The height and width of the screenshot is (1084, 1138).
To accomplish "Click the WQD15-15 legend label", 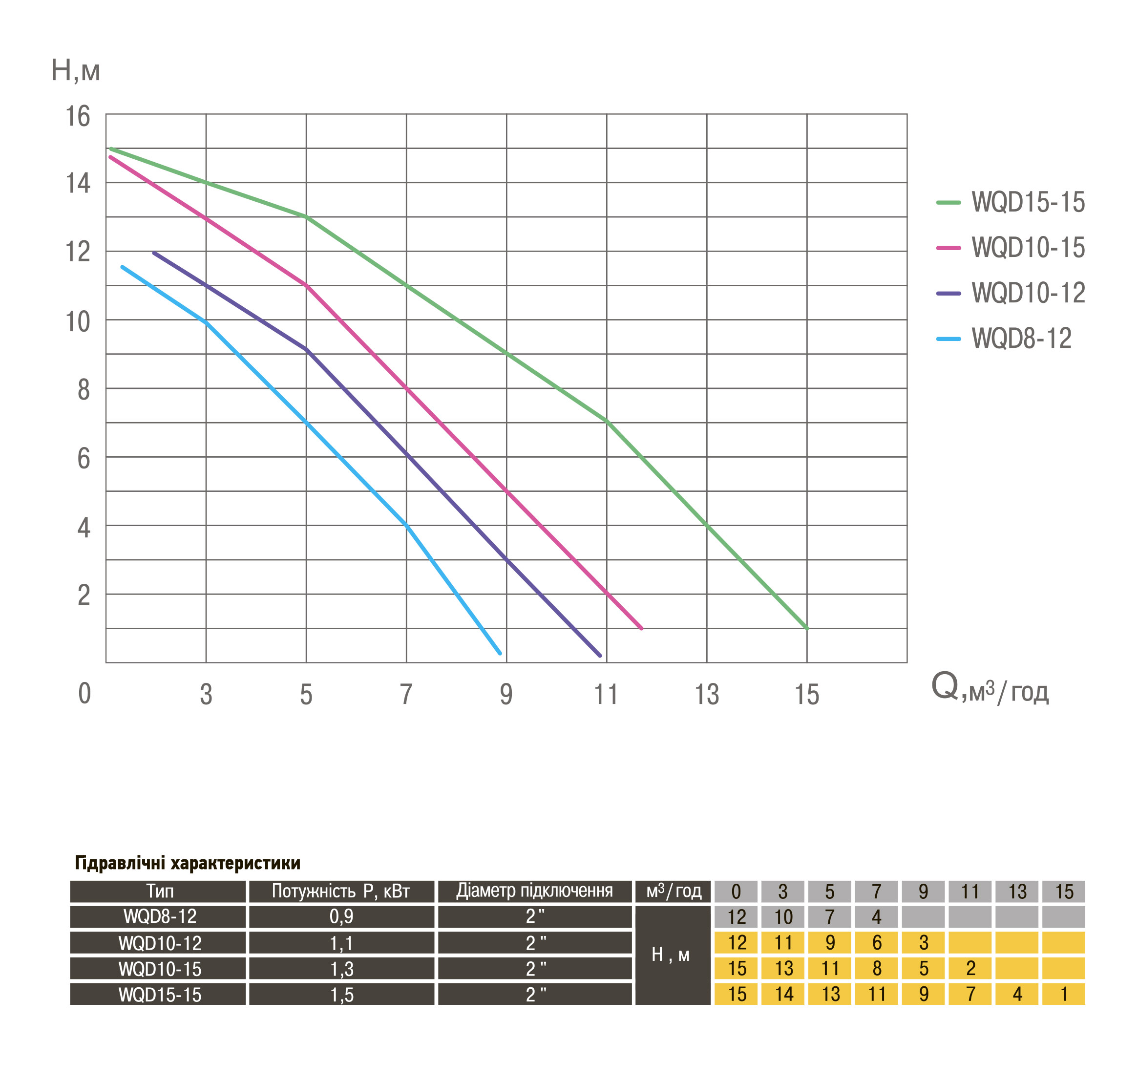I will [1028, 202].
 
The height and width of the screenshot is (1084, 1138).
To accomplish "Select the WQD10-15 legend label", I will [1028, 247].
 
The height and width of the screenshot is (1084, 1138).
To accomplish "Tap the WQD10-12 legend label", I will [1028, 293].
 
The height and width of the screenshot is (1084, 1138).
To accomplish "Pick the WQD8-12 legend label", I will [1021, 339].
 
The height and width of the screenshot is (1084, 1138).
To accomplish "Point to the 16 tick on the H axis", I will [78, 117].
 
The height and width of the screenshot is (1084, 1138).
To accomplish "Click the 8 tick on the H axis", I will [84, 390].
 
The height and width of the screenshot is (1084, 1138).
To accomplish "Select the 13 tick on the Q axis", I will [706, 695].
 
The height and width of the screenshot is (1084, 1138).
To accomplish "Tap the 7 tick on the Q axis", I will [406, 695].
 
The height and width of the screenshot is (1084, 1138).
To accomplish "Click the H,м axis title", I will [76, 70].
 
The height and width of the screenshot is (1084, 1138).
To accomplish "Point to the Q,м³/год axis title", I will [989, 689].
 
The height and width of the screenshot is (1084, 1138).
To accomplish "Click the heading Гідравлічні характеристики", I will [188, 863].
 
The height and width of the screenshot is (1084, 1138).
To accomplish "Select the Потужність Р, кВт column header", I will [341, 892].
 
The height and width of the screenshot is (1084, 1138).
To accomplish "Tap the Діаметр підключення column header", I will [534, 891].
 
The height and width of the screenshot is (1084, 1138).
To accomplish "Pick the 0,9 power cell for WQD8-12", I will [341, 917].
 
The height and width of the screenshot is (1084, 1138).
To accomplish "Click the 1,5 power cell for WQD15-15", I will [341, 995].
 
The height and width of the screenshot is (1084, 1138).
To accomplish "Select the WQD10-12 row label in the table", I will [160, 943].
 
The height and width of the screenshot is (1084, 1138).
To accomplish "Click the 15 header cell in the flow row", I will [1063, 892].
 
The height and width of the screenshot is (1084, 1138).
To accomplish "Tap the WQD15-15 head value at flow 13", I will [1017, 995].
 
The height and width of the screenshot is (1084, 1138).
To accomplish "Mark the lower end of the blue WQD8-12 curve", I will [500, 653].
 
